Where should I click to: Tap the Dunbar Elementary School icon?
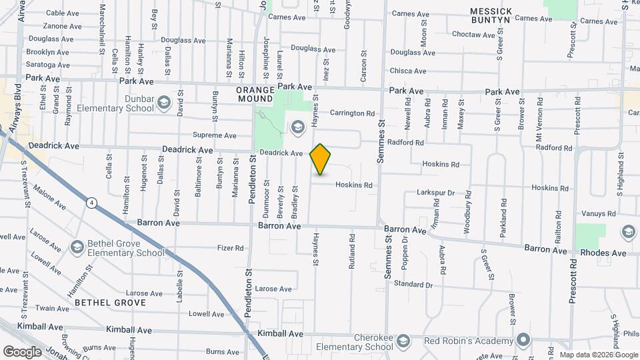(x=164, y=103)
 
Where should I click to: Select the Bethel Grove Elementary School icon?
(x=77, y=248)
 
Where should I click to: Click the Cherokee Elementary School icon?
(x=403, y=342)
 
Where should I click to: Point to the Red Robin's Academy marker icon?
(x=524, y=341)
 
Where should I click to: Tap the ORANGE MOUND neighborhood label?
(x=255, y=94)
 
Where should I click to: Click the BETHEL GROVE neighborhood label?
(x=110, y=302)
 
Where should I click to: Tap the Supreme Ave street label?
(x=214, y=135)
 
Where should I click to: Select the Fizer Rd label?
(x=231, y=248)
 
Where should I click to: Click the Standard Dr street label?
(x=413, y=285)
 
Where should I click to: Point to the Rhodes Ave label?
(x=603, y=253)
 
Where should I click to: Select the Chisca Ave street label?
(x=408, y=71)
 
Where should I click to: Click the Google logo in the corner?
(x=22, y=351)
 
